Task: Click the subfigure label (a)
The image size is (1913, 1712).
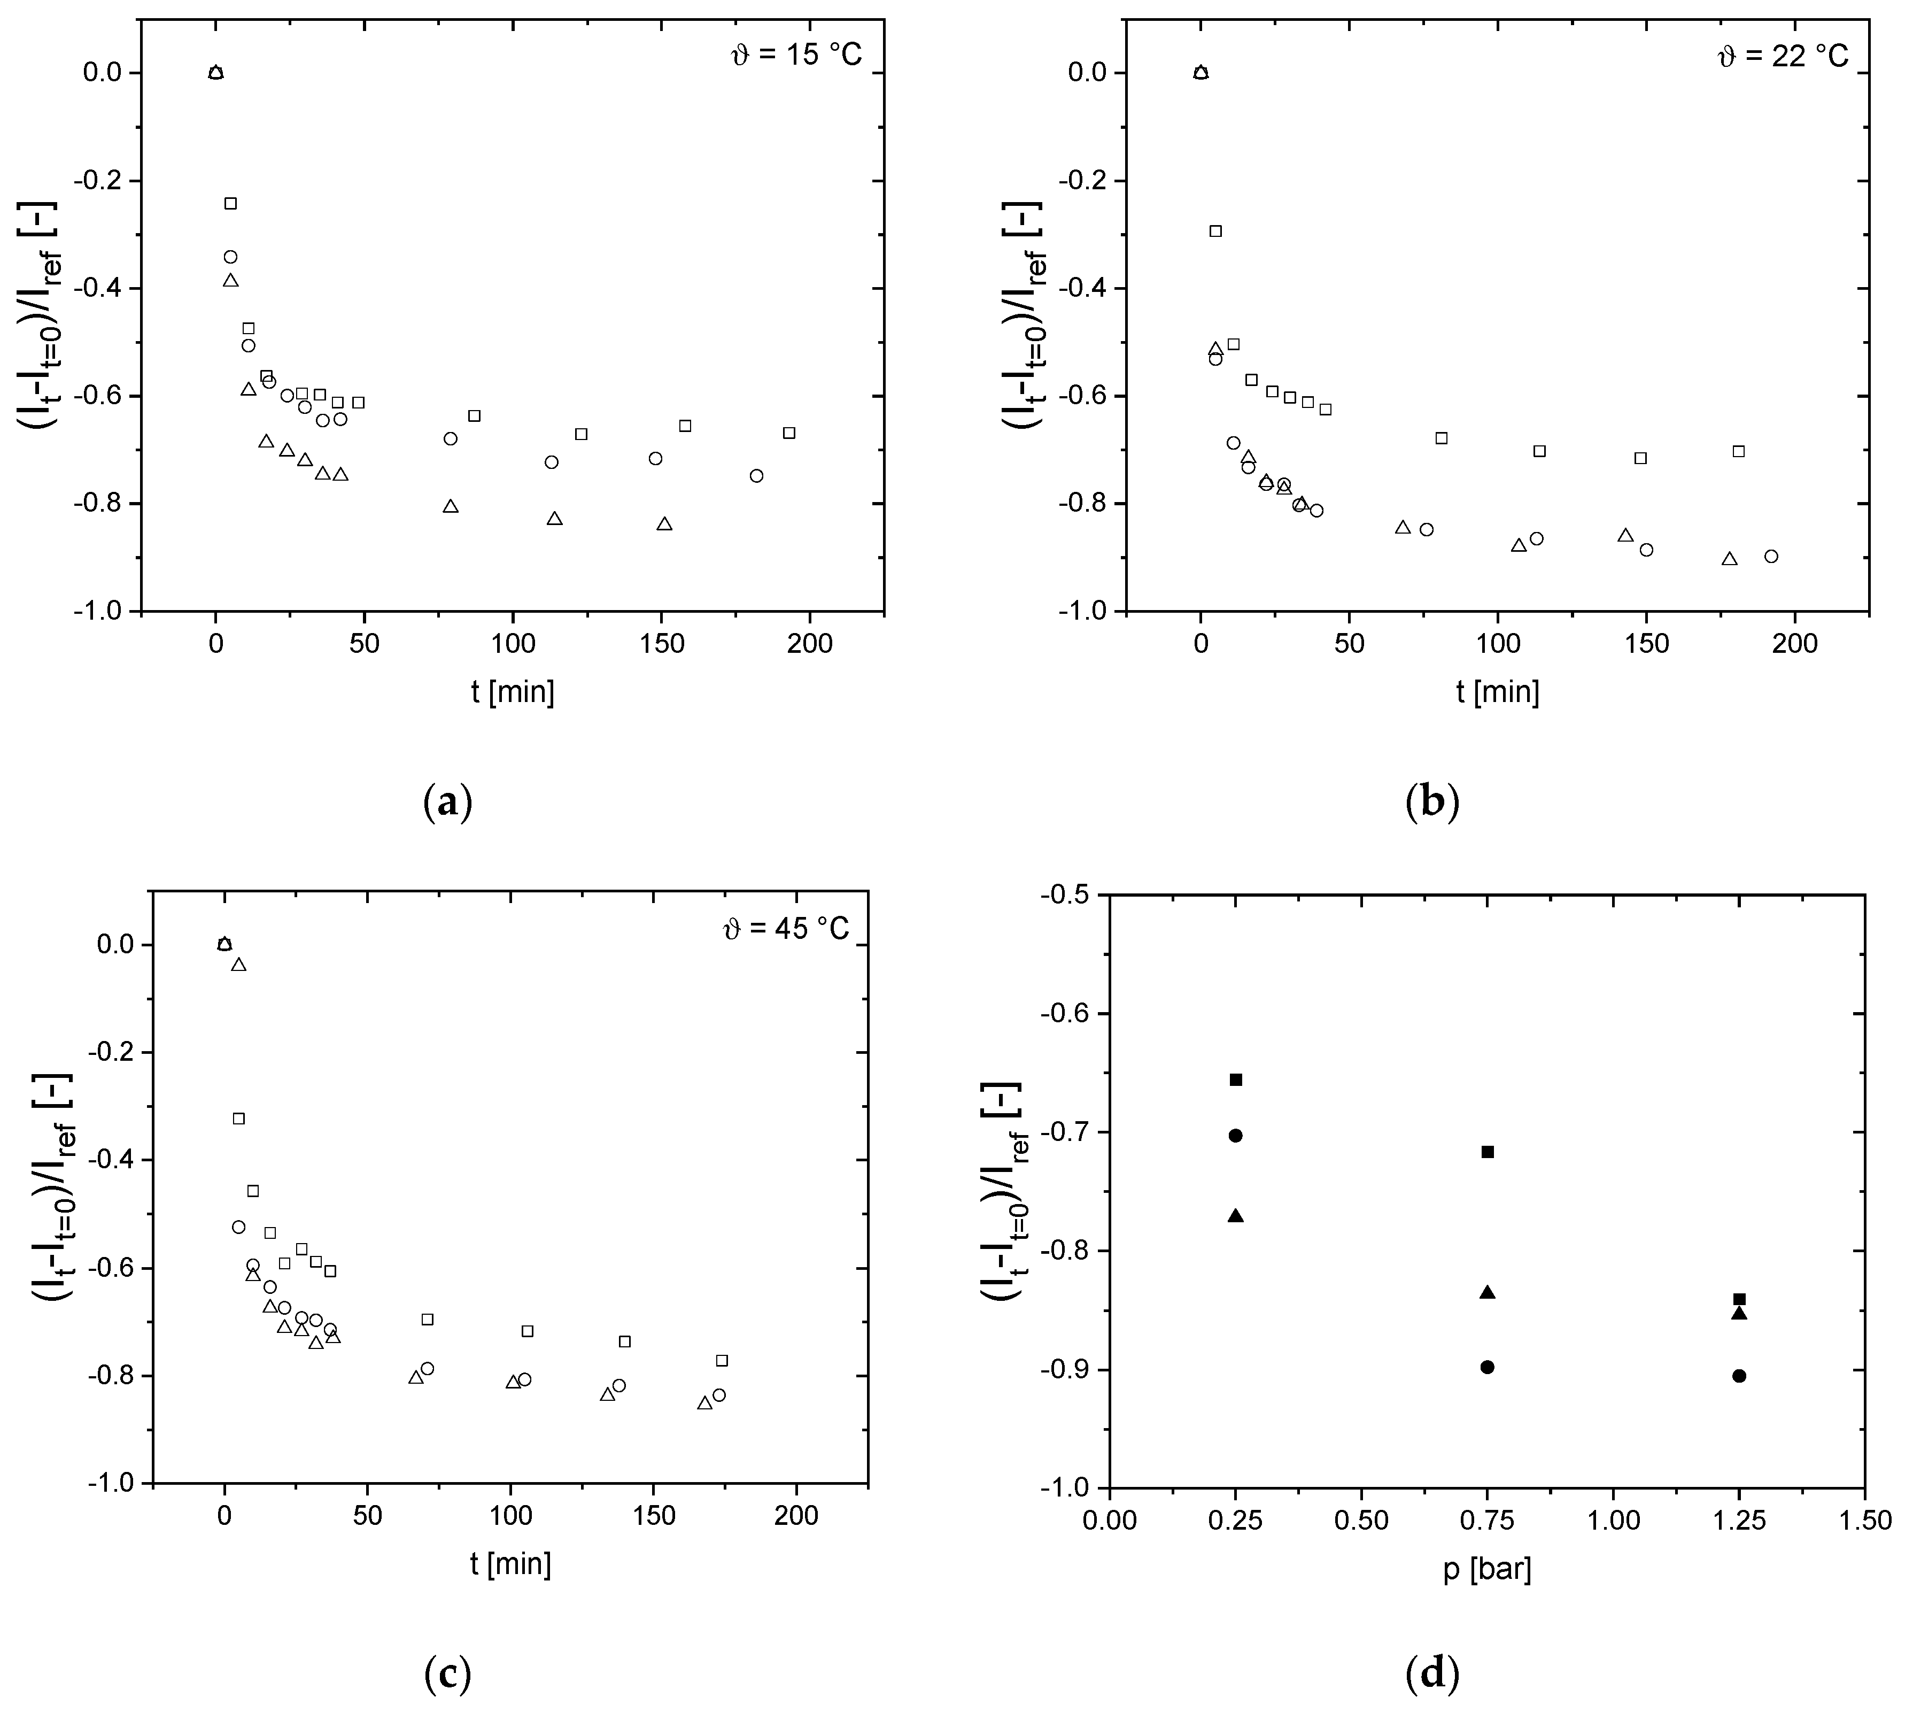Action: tap(448, 803)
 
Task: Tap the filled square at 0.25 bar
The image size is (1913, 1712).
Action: tap(1236, 1079)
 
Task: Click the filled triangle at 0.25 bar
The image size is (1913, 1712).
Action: tap(1236, 1215)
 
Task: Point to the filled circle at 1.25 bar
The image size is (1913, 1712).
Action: tap(1739, 1375)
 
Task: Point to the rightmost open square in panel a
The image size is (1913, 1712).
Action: tap(789, 433)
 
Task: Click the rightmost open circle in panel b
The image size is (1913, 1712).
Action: tap(1771, 556)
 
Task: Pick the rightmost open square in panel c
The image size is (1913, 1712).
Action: tap(722, 1360)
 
